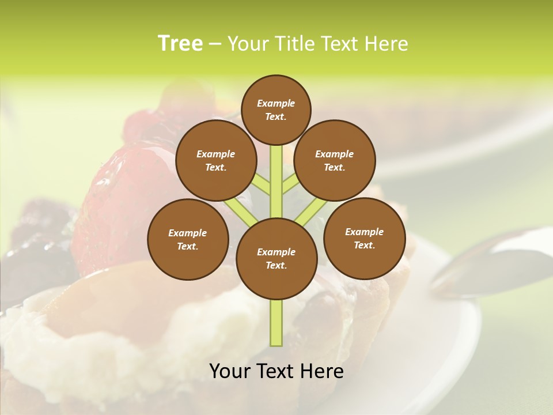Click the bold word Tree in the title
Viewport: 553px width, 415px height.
click(180, 44)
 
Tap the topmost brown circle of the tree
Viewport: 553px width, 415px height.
click(276, 110)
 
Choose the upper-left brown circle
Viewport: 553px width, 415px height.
click(215, 160)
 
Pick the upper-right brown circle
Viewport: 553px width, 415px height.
click(335, 160)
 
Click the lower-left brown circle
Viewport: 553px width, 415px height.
click(188, 239)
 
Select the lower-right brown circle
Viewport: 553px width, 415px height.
click(364, 238)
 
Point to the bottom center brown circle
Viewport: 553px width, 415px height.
click(276, 258)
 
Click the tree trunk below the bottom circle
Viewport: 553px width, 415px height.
click(276, 323)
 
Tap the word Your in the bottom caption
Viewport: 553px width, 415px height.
click(230, 371)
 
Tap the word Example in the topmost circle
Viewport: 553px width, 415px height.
click(276, 103)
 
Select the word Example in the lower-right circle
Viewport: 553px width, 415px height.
click(364, 232)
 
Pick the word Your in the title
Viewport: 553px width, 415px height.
click(248, 44)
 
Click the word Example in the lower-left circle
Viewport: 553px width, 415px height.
click(188, 233)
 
